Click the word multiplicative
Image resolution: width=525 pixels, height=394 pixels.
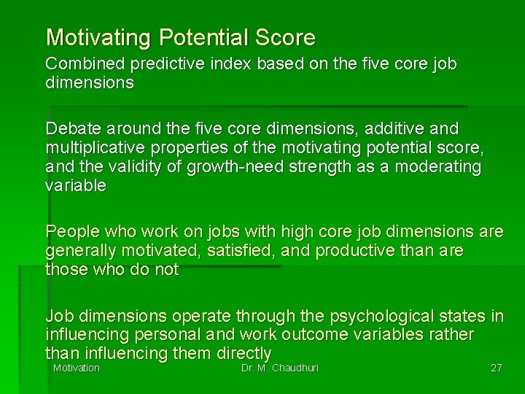(x=93, y=148)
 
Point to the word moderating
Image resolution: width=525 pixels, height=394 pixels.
(x=436, y=167)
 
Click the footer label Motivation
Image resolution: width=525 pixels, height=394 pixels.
(x=76, y=368)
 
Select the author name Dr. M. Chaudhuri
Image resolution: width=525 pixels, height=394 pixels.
(x=279, y=368)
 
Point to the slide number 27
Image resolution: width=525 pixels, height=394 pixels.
(x=496, y=368)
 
